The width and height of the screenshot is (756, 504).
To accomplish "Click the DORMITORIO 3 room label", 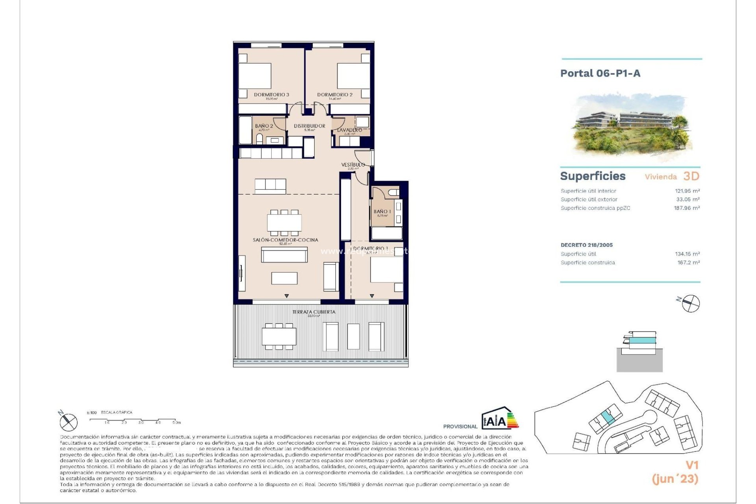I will click(x=271, y=94).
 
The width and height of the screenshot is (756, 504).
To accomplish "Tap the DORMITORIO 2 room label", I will click(x=335, y=94).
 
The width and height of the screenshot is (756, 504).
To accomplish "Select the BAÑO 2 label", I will click(x=264, y=126).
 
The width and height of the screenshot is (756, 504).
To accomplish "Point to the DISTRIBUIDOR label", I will click(x=309, y=126).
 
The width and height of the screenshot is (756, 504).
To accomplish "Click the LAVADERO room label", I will click(x=350, y=130).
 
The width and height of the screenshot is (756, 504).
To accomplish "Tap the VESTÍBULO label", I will click(x=353, y=165).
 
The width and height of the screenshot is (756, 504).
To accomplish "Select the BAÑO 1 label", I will click(x=382, y=211).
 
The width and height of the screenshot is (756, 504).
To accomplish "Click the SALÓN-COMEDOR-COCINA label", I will click(x=285, y=240).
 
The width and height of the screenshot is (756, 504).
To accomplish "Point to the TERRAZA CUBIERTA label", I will click(x=314, y=312).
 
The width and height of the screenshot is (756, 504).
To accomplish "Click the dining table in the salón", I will click(x=284, y=223).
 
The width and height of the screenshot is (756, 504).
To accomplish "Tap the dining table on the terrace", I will click(x=279, y=337).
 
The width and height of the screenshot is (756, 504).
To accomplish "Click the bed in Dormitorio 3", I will click(x=255, y=76).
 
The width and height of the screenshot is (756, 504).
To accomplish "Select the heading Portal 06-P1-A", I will click(x=600, y=73).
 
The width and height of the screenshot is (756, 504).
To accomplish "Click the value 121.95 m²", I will click(x=687, y=191).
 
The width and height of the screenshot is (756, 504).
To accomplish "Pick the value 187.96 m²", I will click(x=687, y=208).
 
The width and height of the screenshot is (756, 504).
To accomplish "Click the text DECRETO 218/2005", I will click(x=587, y=245).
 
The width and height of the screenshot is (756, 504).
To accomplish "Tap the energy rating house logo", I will click(x=499, y=419).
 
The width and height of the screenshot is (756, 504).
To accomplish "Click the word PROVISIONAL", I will click(x=460, y=426).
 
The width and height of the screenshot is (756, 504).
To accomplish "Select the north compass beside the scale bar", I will click(x=68, y=422).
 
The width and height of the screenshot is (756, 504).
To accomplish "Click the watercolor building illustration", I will click(x=630, y=126).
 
